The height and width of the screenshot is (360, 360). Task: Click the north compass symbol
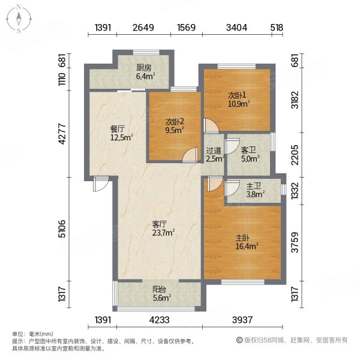click(19, 19)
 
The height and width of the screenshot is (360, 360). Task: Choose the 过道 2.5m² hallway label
click(214, 155)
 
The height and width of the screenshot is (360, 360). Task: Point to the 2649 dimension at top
click(144, 27)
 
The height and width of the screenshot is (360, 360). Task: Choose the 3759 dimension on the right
click(294, 243)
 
